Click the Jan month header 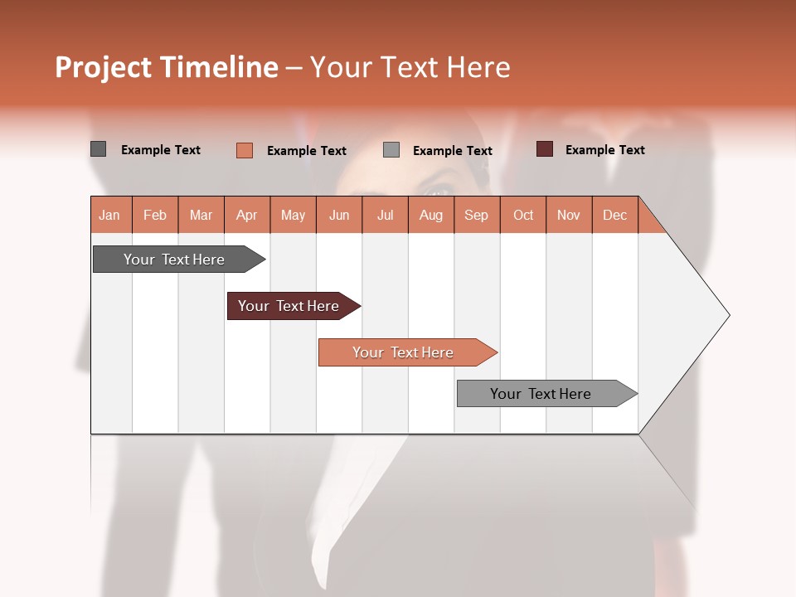point(110,215)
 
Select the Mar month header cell point(201,215)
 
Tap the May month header point(293,215)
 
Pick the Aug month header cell point(430,215)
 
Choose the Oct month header point(523,215)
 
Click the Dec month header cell point(614,215)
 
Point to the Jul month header point(385,215)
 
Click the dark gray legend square point(98,149)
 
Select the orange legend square point(244,150)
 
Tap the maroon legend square point(544,149)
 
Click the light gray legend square point(391,150)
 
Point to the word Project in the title point(102,67)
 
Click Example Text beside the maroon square point(604,150)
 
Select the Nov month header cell point(568,215)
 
